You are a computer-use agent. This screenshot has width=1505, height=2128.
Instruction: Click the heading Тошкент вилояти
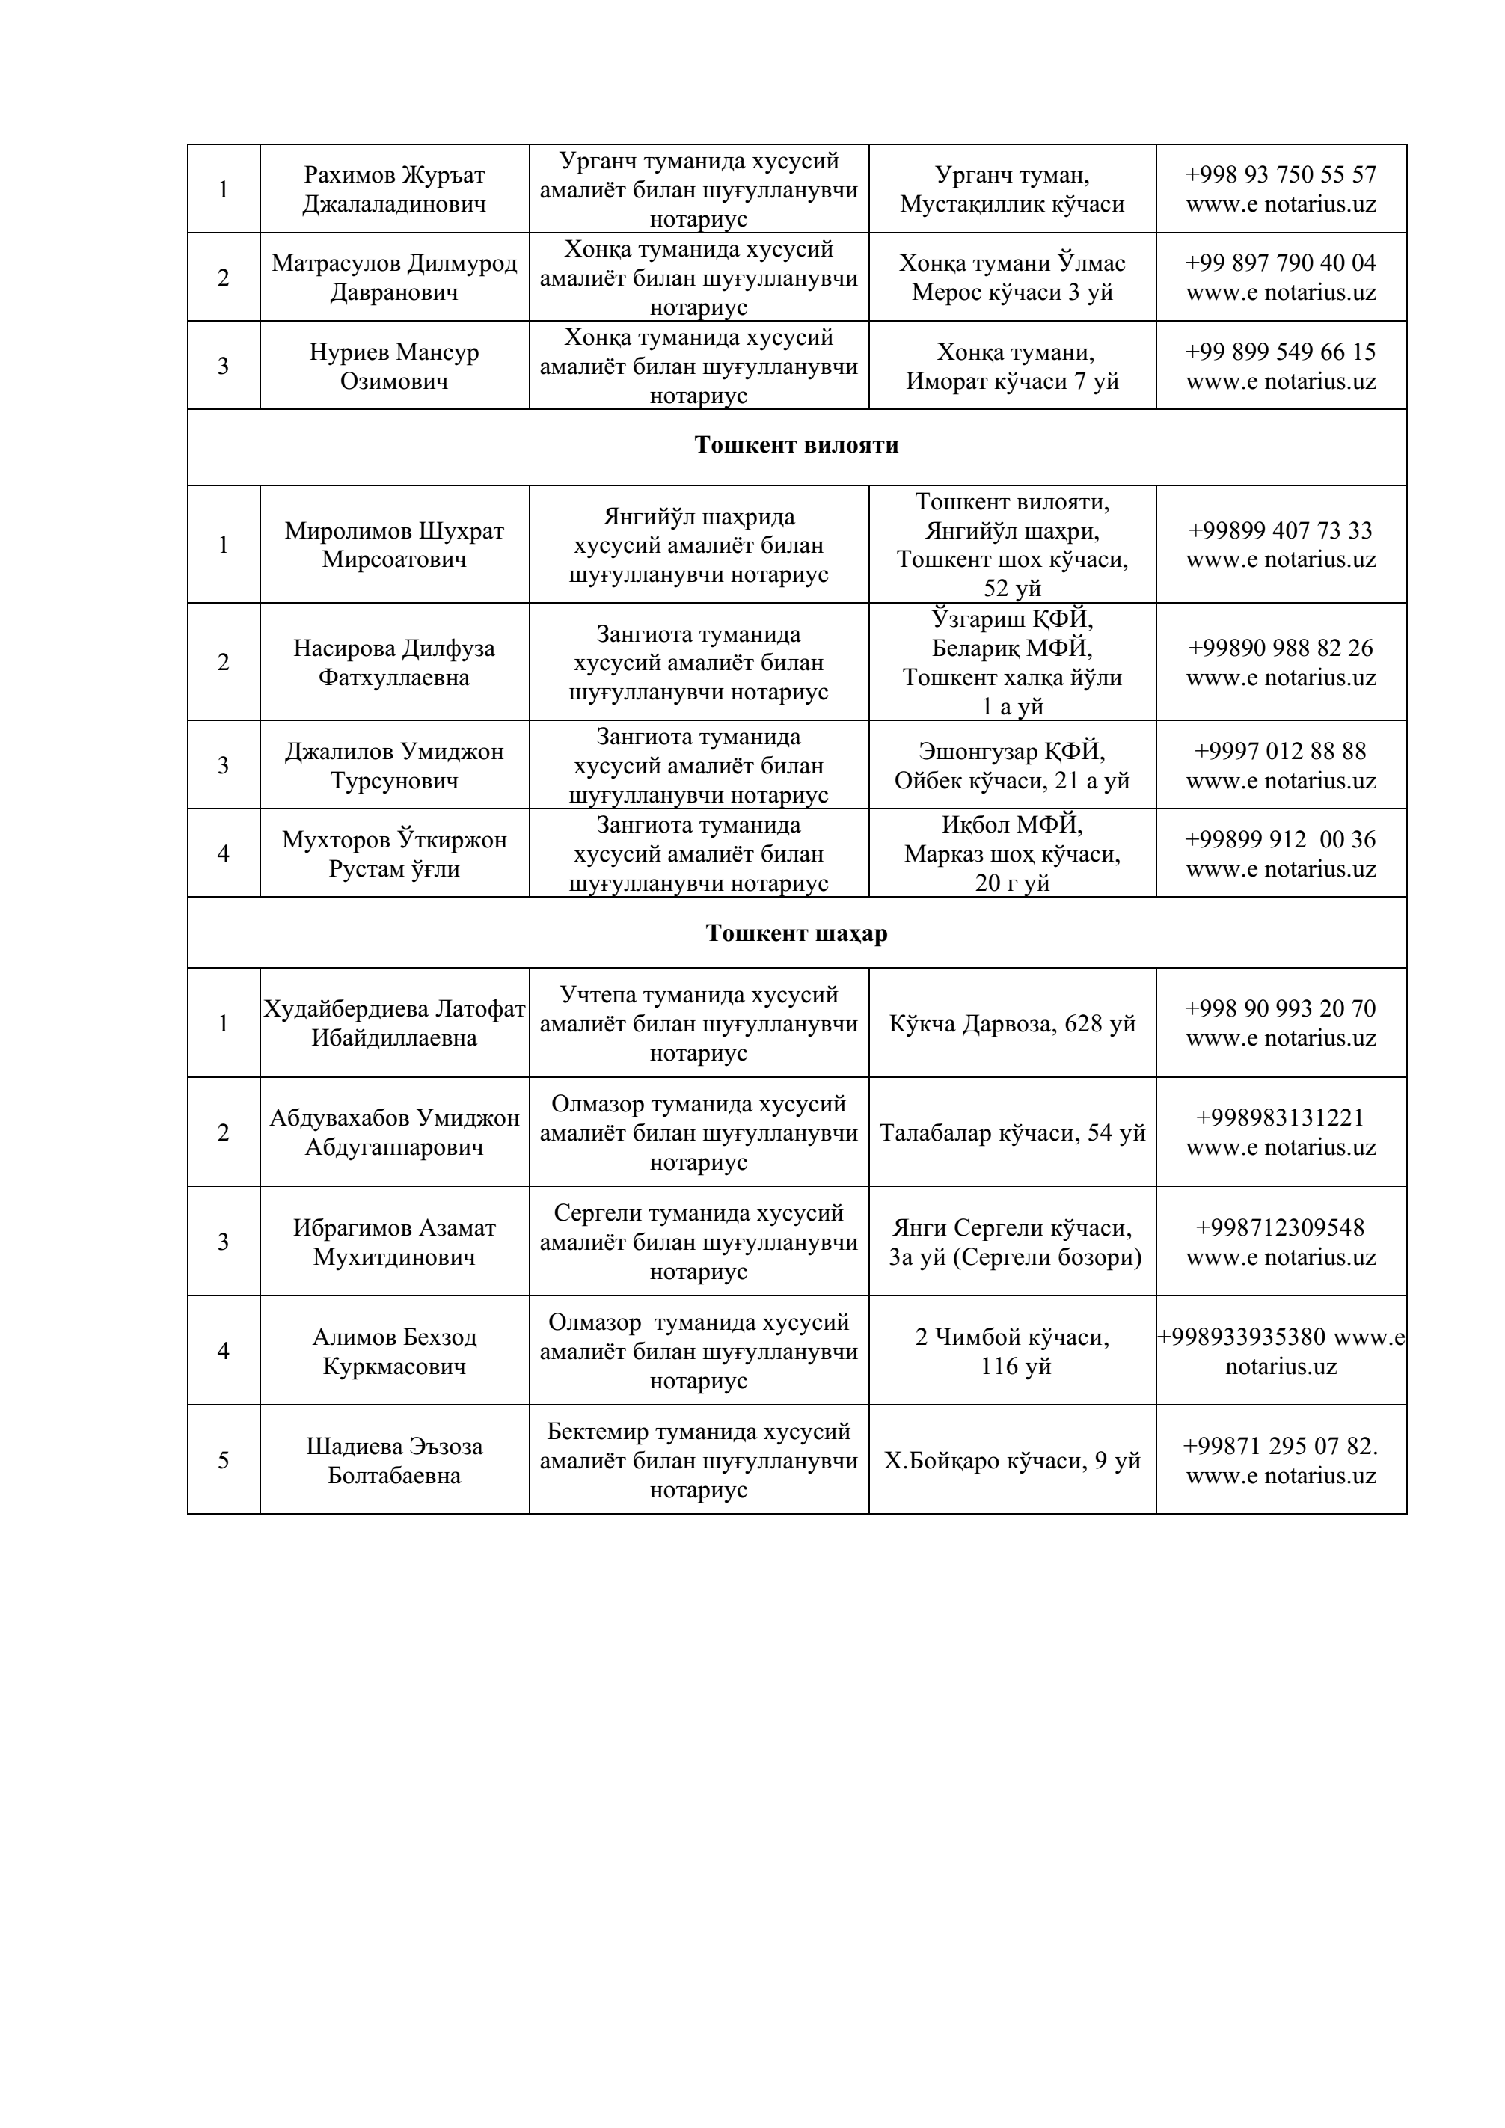pos(796,446)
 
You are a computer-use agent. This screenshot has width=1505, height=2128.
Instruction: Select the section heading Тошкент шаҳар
pos(796,933)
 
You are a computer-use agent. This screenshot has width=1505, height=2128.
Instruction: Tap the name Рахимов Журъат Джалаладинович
pos(394,189)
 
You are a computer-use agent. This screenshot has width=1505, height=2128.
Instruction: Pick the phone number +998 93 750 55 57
pos(1281,175)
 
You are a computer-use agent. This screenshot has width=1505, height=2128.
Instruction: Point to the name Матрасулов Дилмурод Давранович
pos(394,277)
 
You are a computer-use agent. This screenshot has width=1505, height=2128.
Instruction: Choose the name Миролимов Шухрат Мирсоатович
pos(394,545)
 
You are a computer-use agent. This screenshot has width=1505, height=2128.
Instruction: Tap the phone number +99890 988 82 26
pos(1281,648)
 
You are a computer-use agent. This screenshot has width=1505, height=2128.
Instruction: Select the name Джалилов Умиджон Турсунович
pos(394,766)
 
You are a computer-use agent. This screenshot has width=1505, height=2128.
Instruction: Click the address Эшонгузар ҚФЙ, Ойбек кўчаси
pos(1012,766)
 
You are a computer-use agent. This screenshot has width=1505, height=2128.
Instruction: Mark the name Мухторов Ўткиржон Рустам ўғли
pos(394,853)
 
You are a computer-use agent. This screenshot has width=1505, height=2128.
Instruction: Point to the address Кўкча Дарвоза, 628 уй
pos(1012,1024)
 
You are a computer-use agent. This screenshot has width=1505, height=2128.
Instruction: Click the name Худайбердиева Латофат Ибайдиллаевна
pos(394,1023)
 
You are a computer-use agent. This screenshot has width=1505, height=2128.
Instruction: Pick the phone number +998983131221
pos(1281,1117)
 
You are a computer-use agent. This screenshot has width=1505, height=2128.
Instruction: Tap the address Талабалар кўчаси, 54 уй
pos(1012,1133)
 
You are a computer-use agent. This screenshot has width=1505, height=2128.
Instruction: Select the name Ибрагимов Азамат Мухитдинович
pos(394,1242)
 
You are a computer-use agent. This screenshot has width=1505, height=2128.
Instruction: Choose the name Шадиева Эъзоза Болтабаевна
pos(394,1461)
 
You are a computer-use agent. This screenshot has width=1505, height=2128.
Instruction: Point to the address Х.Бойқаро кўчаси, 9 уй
pos(1012,1462)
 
